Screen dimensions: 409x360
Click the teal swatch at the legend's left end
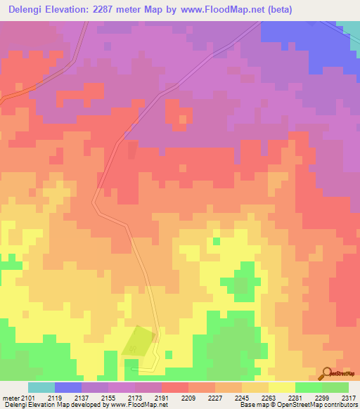tap(41, 387)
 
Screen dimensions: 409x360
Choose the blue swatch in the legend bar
tap(68, 387)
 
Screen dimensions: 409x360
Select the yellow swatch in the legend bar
tap(282, 387)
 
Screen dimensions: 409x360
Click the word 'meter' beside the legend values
tap(11, 398)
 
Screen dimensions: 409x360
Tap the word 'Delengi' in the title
tap(28, 9)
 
